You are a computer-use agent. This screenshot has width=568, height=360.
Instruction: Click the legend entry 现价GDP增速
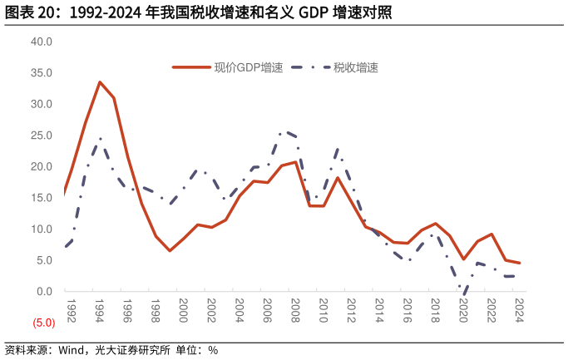tap(248, 67)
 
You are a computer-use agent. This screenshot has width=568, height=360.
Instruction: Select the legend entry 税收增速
tap(356, 67)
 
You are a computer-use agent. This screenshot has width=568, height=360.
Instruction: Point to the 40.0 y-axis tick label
tap(42, 42)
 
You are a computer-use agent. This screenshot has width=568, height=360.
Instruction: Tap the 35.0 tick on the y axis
tap(42, 73)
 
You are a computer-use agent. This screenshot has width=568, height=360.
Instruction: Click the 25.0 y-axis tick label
tap(42, 136)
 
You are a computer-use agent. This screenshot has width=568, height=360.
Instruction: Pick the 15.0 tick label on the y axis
tap(42, 198)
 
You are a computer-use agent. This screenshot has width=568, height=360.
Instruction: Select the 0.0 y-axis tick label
tap(44, 292)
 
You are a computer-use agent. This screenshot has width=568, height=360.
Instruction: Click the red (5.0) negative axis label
tap(44, 323)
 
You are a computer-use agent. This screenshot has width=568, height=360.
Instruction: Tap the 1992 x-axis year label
tap(71, 308)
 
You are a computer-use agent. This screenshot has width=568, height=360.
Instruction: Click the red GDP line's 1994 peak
tap(100, 81)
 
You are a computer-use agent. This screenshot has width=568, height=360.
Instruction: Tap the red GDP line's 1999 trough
tap(170, 251)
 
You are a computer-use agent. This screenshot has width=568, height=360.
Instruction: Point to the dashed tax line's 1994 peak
tap(100, 139)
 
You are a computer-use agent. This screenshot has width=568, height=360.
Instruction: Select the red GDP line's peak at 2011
tap(338, 177)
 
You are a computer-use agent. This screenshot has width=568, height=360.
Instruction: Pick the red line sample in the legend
tap(190, 67)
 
